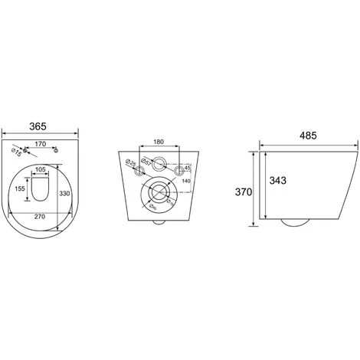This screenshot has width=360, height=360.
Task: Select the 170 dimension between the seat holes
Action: point(41,142)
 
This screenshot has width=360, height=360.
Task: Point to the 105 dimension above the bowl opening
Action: point(41,170)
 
